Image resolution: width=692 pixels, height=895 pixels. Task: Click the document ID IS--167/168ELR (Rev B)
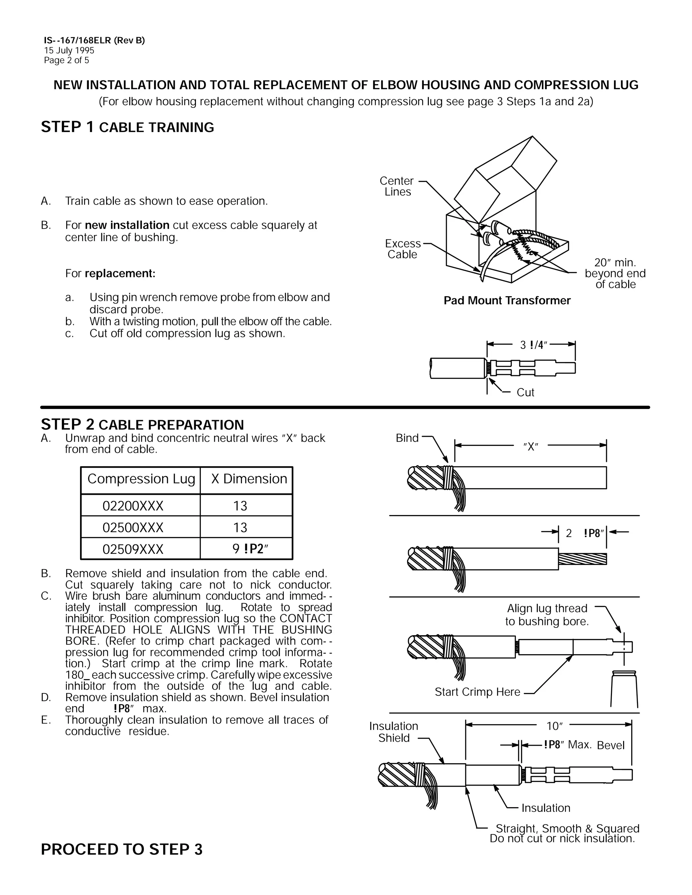94,41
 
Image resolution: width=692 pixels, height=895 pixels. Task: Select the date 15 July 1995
69,50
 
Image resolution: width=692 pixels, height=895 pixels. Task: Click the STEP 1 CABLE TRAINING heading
127,127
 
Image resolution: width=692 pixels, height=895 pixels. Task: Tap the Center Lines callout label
397,186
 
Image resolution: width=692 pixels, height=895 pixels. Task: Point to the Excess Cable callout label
402,249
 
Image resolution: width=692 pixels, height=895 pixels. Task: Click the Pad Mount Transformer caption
507,300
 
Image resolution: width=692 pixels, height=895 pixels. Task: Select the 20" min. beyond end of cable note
615,273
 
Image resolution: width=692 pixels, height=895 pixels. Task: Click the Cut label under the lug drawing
525,392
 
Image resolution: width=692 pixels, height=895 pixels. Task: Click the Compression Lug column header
141,479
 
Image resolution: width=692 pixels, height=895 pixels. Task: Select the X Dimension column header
249,479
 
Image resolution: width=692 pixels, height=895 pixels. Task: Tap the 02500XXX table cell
133,528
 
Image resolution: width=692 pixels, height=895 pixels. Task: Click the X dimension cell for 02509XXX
249,549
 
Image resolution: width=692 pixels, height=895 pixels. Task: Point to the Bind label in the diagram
407,438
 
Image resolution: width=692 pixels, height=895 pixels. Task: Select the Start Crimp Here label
477,692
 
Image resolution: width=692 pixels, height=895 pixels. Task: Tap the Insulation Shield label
394,732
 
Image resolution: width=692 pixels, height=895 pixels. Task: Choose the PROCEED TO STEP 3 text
122,849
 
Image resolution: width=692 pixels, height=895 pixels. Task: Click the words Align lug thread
547,608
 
